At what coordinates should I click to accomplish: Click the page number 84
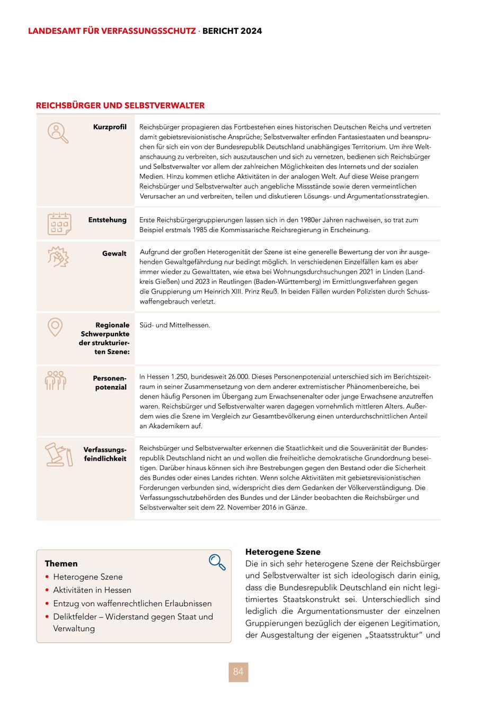[238, 672]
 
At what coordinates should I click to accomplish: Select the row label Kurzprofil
[110, 127]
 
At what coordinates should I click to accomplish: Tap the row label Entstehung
[107, 220]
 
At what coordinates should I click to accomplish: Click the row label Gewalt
[114, 253]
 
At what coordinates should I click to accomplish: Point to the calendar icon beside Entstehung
[59, 224]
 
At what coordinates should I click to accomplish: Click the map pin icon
[55, 327]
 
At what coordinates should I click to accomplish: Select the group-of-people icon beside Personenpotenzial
[56, 380]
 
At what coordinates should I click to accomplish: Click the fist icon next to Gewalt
[58, 258]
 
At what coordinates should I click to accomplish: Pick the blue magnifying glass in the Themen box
[217, 562]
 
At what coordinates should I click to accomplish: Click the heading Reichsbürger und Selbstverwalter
[120, 105]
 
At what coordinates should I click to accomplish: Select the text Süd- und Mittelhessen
[175, 325]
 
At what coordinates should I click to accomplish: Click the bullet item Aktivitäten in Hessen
[92, 590]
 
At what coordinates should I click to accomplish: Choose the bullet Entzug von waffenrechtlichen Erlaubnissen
[132, 604]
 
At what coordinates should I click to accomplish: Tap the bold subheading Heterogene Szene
[283, 552]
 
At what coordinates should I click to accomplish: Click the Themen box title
[61, 563]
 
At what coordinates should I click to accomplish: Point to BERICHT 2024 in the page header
[232, 31]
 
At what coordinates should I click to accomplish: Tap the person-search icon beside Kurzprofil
[58, 132]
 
